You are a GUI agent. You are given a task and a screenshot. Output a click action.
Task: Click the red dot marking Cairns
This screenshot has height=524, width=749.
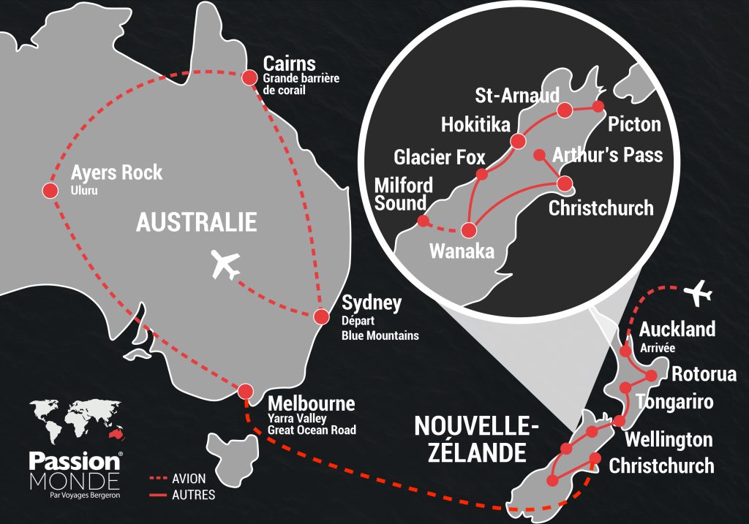pos(249,76)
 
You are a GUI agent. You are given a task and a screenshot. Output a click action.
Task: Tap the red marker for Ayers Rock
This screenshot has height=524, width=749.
pos(50,191)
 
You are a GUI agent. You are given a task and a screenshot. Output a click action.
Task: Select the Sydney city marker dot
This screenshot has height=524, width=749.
pos(320,316)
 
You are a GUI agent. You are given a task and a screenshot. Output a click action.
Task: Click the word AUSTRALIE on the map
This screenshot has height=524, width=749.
pos(196,222)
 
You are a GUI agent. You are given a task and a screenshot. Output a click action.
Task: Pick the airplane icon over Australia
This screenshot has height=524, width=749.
pos(225,265)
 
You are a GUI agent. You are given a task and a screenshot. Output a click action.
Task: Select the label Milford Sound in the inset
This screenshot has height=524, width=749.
pos(404,194)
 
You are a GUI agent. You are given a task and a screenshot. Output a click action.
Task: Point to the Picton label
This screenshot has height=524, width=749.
pos(634,124)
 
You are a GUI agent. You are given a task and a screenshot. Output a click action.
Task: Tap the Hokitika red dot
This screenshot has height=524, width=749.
pos(519,141)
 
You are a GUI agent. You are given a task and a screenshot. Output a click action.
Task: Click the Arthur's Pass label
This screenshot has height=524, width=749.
pos(608,155)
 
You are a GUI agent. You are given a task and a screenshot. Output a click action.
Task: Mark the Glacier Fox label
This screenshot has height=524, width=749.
pos(439,157)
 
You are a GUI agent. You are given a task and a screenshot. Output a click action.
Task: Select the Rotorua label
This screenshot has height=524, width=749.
pos(704,375)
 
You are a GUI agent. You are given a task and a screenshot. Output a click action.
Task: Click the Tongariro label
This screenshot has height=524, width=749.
pos(674,402)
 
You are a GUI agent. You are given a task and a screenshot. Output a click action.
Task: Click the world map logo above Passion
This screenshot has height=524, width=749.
pos(75,422)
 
